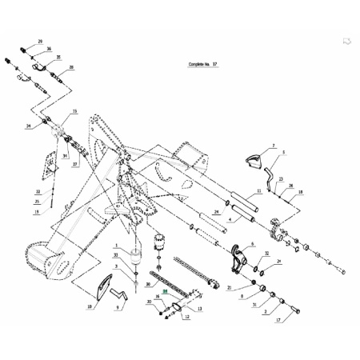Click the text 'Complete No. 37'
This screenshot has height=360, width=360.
click(203, 65)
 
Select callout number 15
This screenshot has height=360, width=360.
click(74, 111)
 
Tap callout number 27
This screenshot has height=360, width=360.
click(75, 163)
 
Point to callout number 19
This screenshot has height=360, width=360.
click(37, 212)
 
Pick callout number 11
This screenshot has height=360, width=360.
click(259, 191)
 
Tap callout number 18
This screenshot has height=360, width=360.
click(301, 192)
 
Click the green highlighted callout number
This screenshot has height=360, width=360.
click(166, 291)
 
